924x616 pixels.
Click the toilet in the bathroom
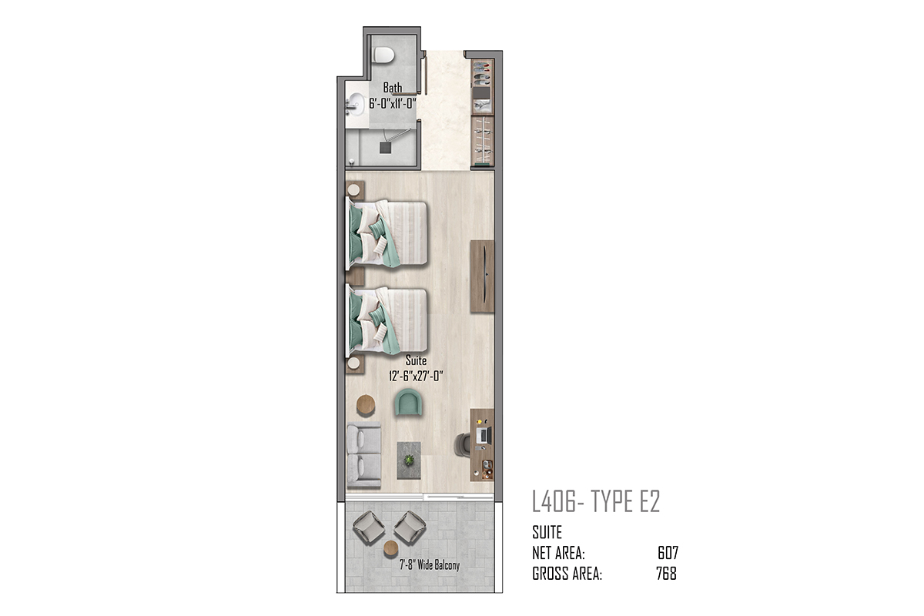tap(383, 55)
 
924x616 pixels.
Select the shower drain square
tap(385, 148)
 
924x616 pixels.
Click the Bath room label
tap(392, 88)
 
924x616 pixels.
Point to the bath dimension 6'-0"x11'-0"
tap(392, 103)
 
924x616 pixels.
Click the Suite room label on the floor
tap(416, 360)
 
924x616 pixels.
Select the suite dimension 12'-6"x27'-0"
tap(416, 377)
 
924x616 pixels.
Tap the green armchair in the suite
tap(408, 402)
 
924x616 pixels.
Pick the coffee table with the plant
tap(409, 460)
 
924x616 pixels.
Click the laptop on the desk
tap(484, 435)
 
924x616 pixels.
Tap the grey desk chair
tap(464, 445)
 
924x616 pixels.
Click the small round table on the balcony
tap(390, 548)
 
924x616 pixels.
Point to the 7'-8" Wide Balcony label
tap(430, 565)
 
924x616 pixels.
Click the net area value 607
tap(668, 553)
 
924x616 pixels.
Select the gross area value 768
tap(667, 574)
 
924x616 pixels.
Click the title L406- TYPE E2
tap(596, 501)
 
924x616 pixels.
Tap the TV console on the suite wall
tap(482, 276)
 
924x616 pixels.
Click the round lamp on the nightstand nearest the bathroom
tap(353, 189)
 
